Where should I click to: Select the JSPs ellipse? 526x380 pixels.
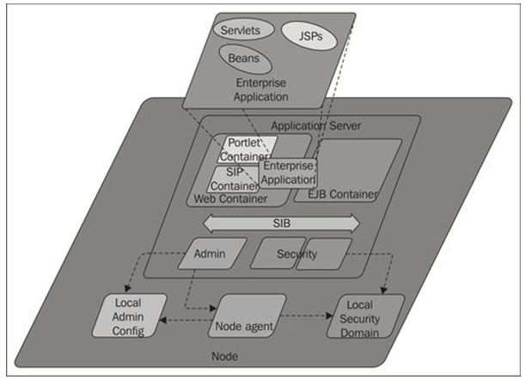click(x=305, y=37)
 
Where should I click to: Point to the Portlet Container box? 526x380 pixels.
click(x=243, y=148)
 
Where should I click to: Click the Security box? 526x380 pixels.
click(x=297, y=254)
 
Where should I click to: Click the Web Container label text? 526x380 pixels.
click(x=229, y=199)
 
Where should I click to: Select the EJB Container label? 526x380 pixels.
click(x=342, y=195)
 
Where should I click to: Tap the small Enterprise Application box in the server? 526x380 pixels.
click(x=289, y=173)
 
